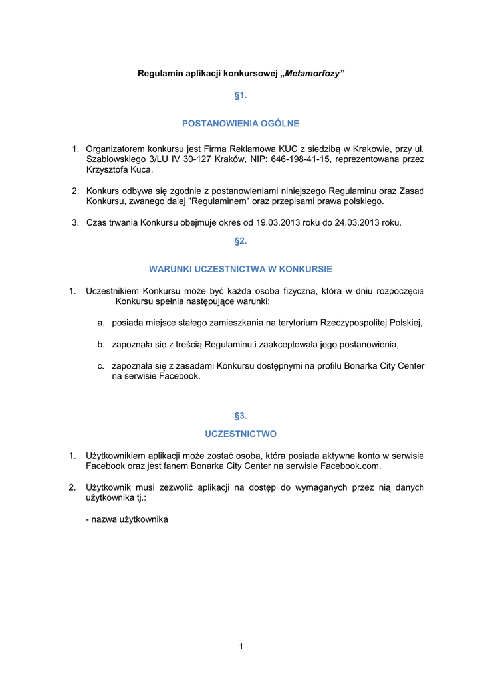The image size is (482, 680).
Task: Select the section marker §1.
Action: (241, 96)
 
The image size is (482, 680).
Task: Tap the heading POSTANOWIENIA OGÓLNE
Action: (241, 123)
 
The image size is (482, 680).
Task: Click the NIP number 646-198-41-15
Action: (302, 159)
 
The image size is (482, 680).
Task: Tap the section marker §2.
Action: (241, 241)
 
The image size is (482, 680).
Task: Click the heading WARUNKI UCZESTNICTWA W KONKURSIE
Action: (241, 269)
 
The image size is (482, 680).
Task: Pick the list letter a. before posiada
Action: (101, 323)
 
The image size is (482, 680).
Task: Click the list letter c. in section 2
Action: (101, 365)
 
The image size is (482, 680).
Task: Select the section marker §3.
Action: (241, 416)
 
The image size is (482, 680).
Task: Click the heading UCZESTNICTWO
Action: (241, 434)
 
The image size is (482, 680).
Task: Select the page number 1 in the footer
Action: (241, 647)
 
